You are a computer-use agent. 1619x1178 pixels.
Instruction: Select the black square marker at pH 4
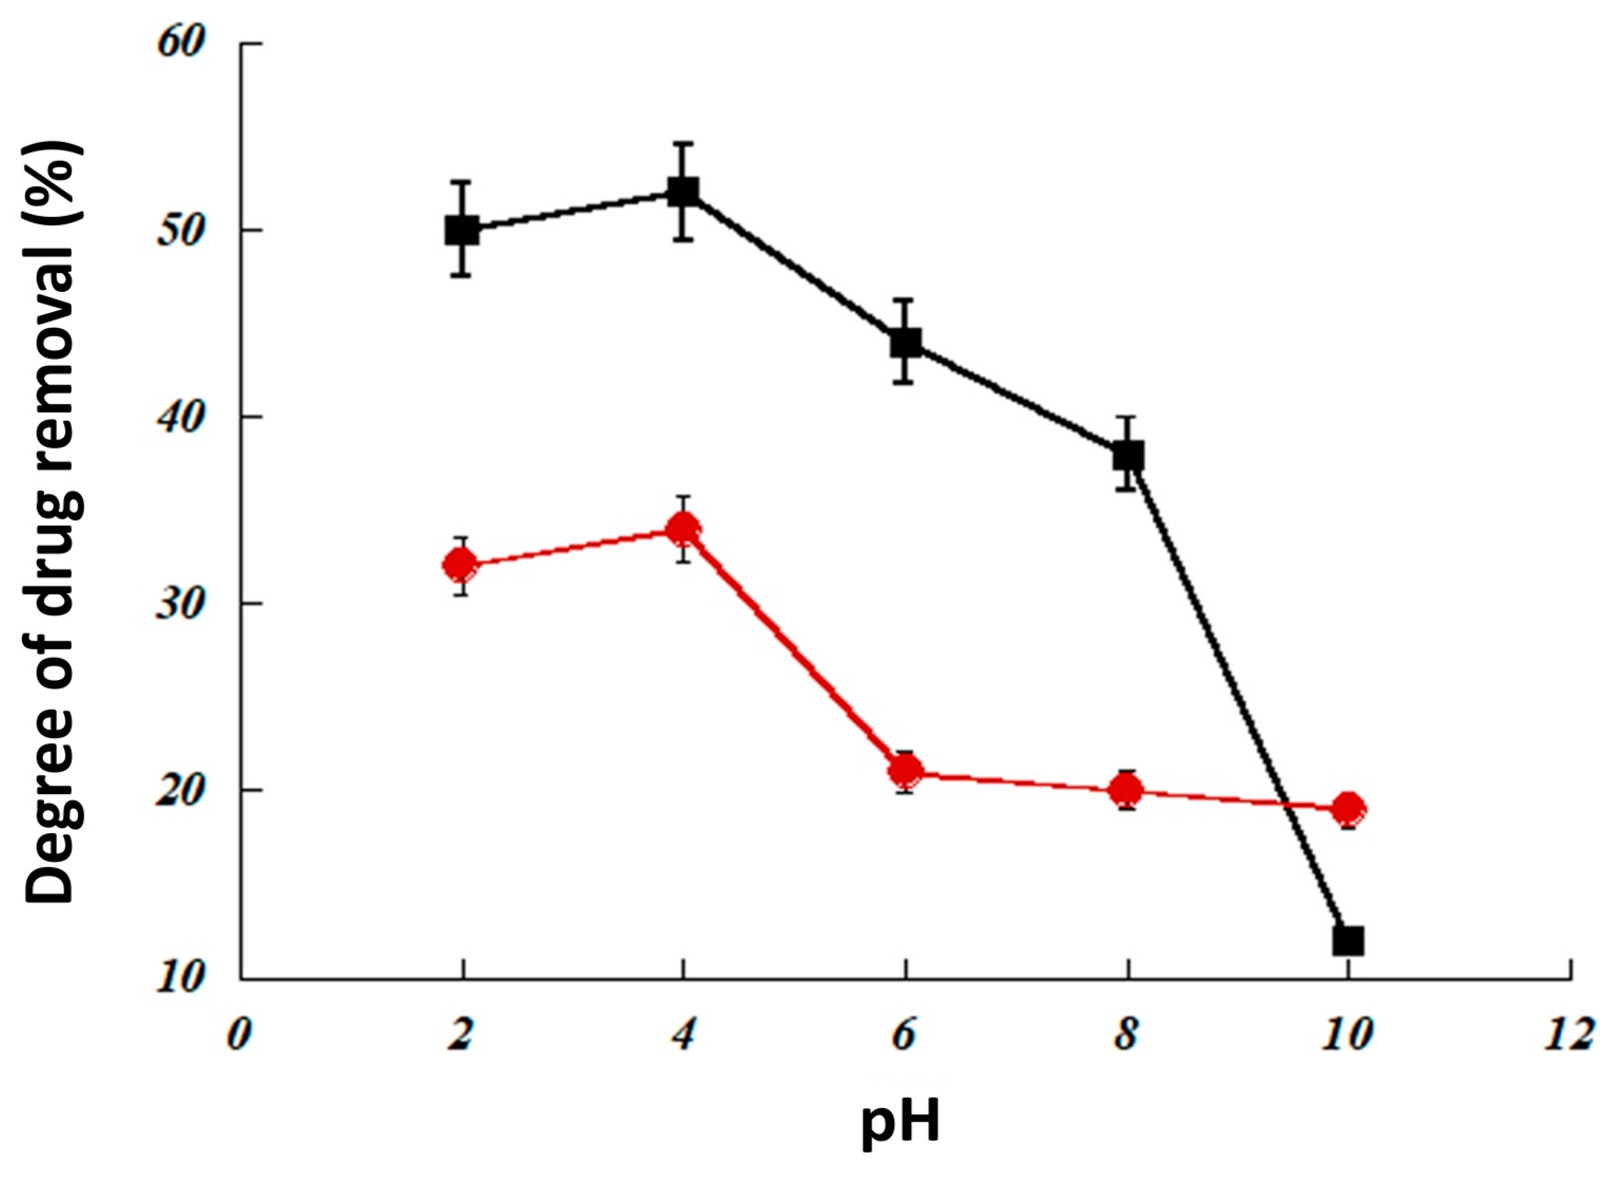683,191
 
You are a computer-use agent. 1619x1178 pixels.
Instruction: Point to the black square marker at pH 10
1349,940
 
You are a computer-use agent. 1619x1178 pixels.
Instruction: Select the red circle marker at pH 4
683,529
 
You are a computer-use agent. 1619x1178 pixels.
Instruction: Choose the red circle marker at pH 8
1127,789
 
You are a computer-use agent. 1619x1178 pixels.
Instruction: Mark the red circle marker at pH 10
1349,808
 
